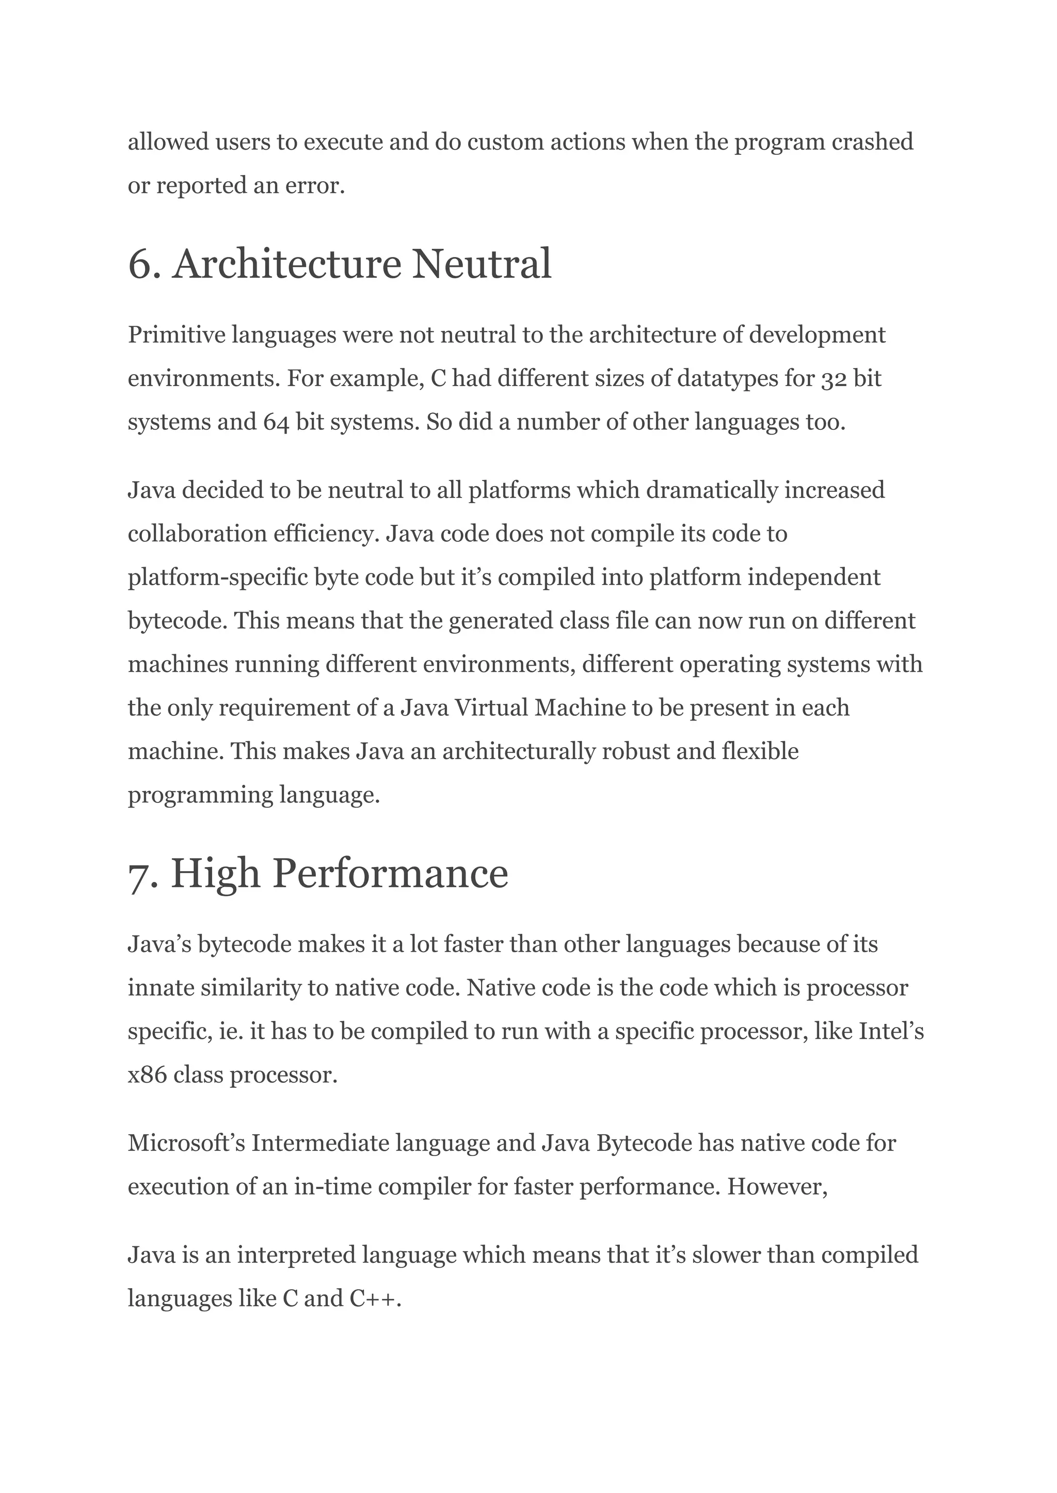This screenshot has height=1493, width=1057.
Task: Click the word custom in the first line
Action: point(506,142)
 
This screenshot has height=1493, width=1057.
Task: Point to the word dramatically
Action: point(712,490)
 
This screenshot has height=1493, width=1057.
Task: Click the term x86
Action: point(147,1075)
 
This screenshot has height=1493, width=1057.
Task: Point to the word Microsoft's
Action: point(186,1143)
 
